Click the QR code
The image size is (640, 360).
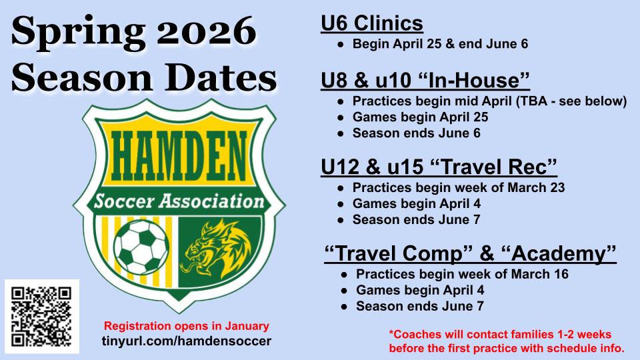pyautogui.click(x=41, y=316)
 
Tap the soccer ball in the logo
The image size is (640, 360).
pyautogui.click(x=141, y=247)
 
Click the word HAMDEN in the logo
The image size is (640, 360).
pyautogui.click(x=179, y=157)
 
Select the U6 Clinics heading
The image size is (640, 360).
pyautogui.click(x=372, y=23)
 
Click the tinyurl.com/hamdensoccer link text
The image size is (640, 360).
pyautogui.click(x=187, y=341)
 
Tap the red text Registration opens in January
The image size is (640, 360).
pyautogui.click(x=187, y=326)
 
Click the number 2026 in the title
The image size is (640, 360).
pyautogui.click(x=206, y=32)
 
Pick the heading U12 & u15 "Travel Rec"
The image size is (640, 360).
pyautogui.click(x=439, y=167)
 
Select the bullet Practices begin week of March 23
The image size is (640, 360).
pyautogui.click(x=459, y=187)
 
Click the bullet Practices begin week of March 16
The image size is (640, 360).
pyautogui.click(x=462, y=274)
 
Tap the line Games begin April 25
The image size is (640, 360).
pyautogui.click(x=421, y=117)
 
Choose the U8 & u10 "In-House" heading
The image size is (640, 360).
pyautogui.click(x=425, y=80)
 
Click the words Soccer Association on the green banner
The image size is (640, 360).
pyautogui.click(x=179, y=201)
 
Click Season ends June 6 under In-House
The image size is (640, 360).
pyautogui.click(x=416, y=133)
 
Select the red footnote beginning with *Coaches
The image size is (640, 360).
pyautogui.click(x=507, y=341)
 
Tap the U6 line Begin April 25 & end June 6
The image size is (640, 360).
pyautogui.click(x=441, y=44)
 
